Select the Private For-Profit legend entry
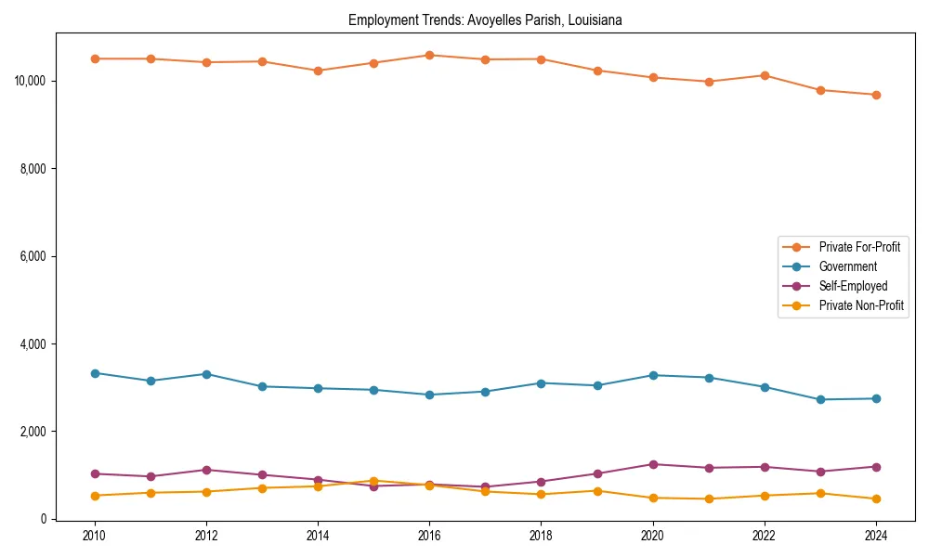[x=858, y=247]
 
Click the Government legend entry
[x=847, y=266]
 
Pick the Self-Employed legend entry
[x=853, y=286]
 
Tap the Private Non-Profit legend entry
[x=861, y=305]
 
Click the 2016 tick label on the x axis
[x=429, y=536]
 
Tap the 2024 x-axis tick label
[x=876, y=536]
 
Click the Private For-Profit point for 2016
[x=429, y=55]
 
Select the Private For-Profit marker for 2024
[x=876, y=95]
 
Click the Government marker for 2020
[x=653, y=375]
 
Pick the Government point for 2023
[x=820, y=399]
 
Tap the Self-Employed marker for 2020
[x=653, y=464]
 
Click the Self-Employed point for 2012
[x=206, y=470]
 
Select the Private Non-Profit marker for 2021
[x=709, y=499]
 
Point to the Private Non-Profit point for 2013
[x=262, y=488]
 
